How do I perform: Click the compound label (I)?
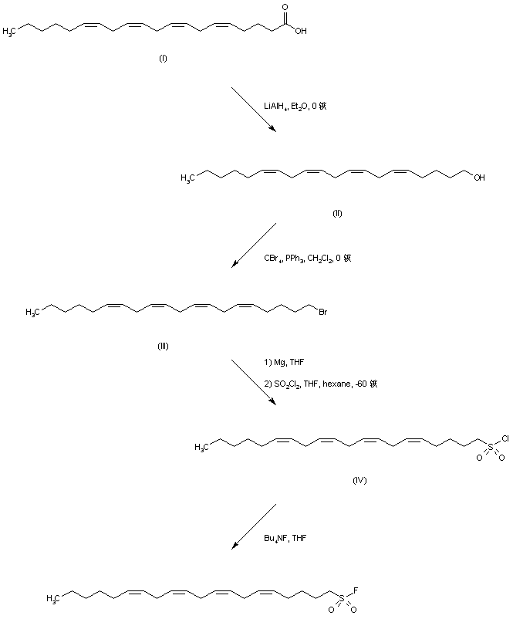pos(163,58)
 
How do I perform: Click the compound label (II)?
pos(337,212)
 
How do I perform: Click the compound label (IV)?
pos(359,480)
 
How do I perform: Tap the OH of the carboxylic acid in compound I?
pos(299,32)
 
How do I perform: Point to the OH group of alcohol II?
pos(480,177)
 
